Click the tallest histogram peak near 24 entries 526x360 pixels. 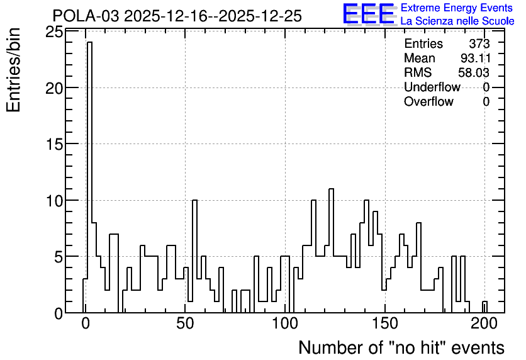click(89, 42)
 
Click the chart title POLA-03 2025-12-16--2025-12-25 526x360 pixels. click(177, 16)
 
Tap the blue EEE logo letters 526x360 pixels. click(369, 14)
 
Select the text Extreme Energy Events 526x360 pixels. click(457, 8)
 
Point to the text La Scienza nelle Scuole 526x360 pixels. click(457, 21)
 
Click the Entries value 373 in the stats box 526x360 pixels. click(479, 43)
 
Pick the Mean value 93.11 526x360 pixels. click(475, 58)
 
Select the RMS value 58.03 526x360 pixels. click(474, 72)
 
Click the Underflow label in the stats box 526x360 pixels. click(432, 87)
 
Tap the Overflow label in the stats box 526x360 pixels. click(428, 101)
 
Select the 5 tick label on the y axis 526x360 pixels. click(59, 257)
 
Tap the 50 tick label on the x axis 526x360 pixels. click(185, 324)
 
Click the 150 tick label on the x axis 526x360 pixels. click(385, 324)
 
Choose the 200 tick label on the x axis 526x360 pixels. click(484, 324)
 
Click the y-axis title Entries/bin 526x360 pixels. click(13, 70)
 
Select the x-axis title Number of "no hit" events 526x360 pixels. click(401, 347)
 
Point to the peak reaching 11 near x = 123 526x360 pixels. click(331, 189)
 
